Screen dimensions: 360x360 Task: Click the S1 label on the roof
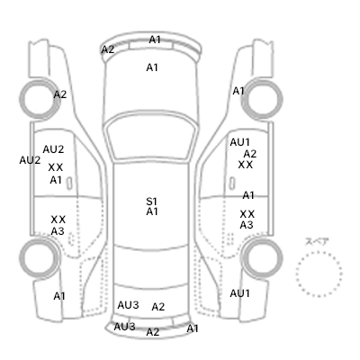(152, 202)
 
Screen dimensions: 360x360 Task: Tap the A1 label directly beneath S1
(152, 211)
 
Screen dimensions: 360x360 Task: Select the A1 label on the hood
(152, 67)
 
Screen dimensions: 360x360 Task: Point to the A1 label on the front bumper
(155, 40)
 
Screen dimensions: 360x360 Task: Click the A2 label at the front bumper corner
(108, 49)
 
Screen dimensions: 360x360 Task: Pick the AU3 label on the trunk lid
(128, 305)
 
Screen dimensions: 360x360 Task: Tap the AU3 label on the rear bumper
(124, 327)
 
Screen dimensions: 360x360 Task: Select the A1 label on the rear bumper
(193, 328)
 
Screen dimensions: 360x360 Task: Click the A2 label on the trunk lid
(158, 307)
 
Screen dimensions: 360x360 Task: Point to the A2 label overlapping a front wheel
(60, 94)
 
